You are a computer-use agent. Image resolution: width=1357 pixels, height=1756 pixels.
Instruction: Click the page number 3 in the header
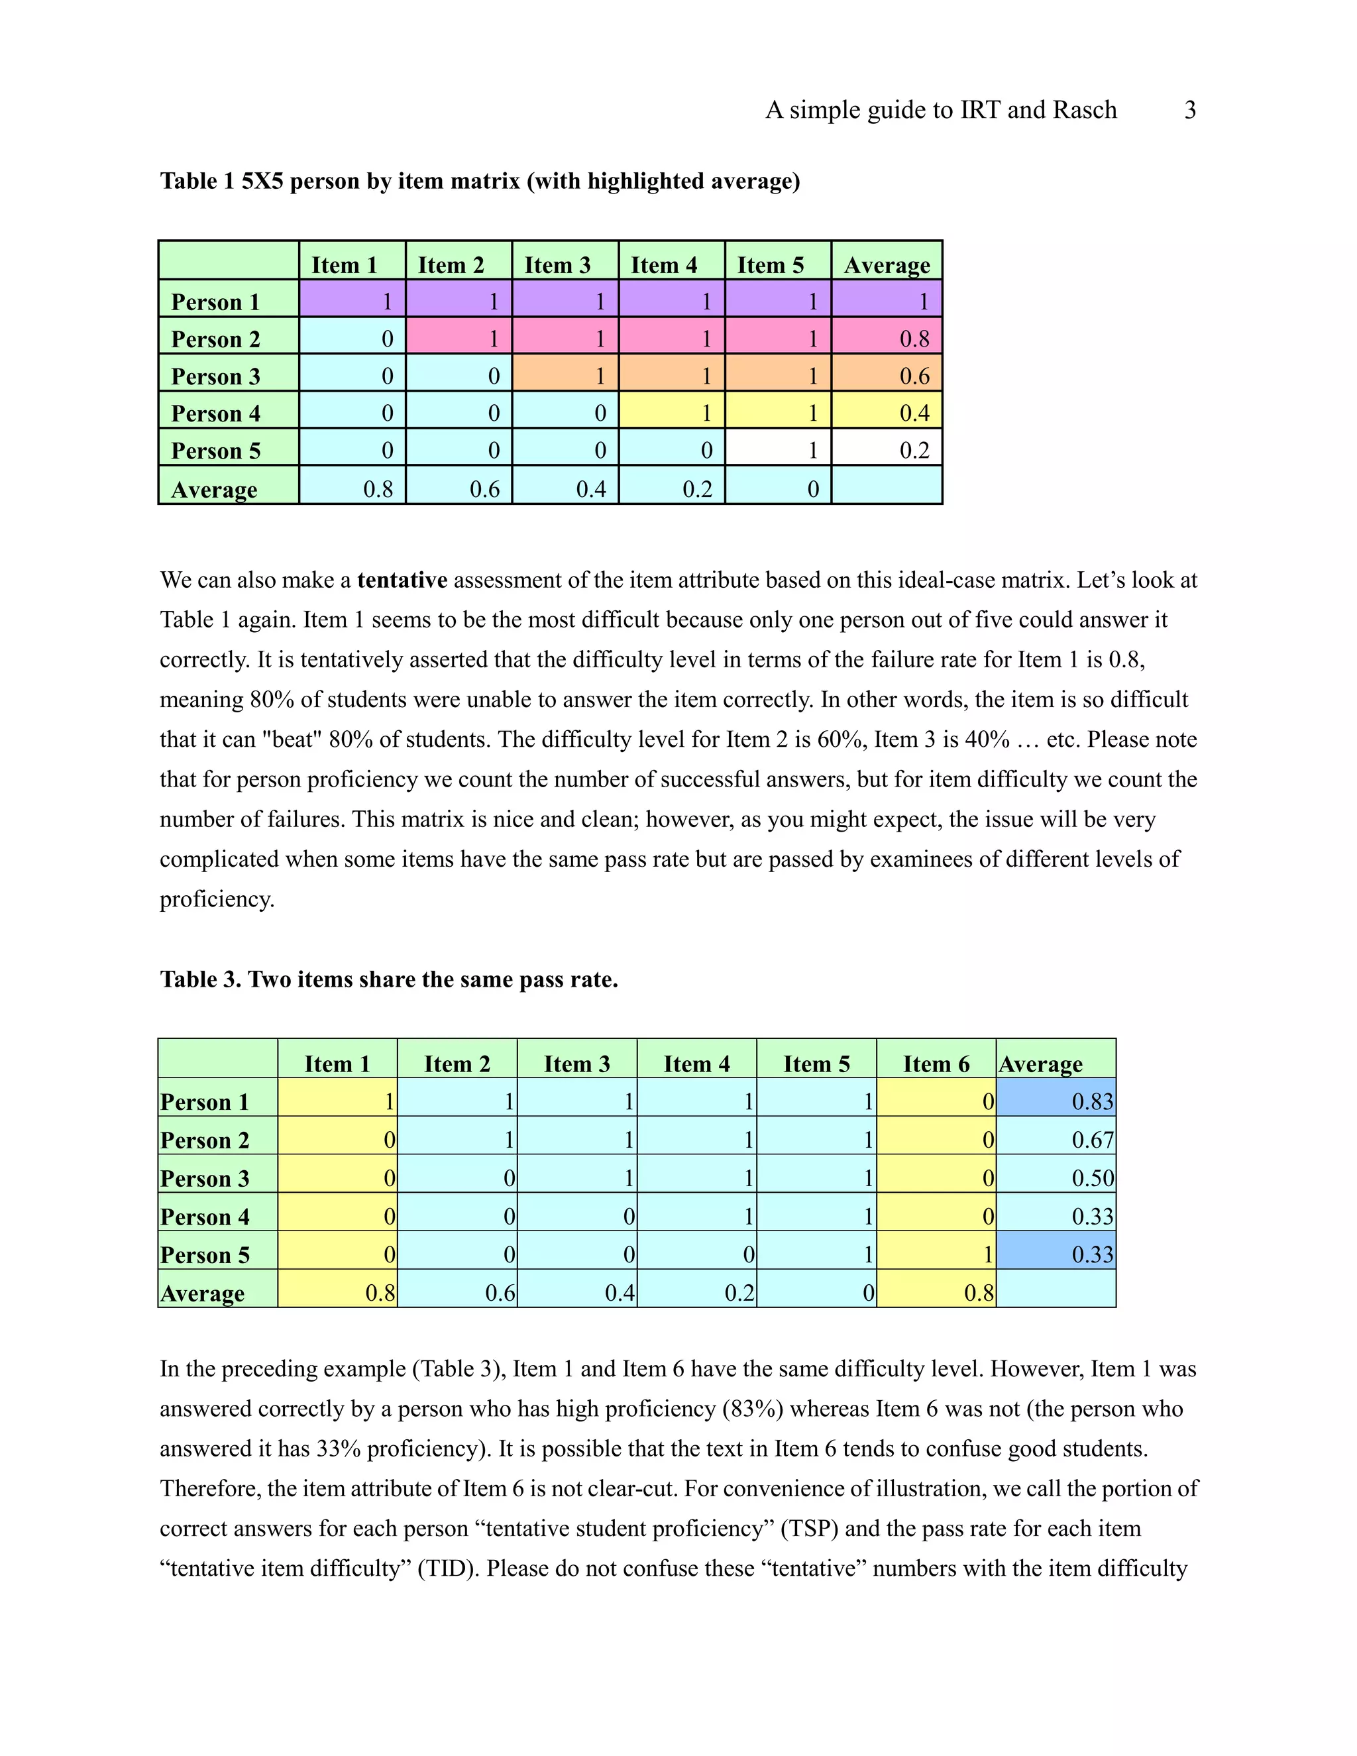[x=1190, y=110]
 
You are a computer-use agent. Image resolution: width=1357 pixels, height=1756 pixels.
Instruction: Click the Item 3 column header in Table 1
[x=557, y=264]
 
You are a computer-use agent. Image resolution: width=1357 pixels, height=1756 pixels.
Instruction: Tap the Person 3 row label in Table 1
[x=215, y=376]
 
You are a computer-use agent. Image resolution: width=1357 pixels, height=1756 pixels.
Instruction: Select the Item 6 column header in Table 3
[x=936, y=1064]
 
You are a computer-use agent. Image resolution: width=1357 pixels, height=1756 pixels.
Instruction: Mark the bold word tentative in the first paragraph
[x=402, y=580]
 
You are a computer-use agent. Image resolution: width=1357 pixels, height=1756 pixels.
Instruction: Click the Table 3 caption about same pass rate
[x=388, y=979]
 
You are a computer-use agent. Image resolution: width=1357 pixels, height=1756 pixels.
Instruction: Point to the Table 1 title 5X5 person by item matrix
[x=480, y=181]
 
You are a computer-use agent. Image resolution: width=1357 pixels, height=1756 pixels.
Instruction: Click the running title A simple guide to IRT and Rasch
[x=941, y=110]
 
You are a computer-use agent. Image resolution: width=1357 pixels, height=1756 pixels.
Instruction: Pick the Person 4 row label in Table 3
[x=205, y=1217]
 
